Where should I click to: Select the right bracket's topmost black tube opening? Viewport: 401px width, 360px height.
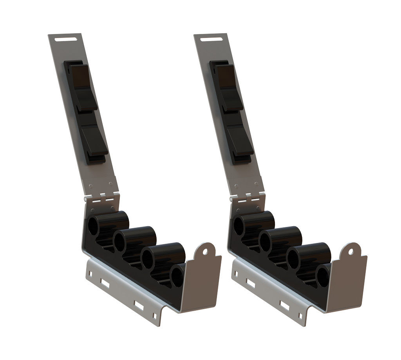click(239, 226)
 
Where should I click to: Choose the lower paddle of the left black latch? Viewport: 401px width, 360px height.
click(94, 139)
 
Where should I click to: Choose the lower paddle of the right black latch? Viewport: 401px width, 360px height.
click(240, 139)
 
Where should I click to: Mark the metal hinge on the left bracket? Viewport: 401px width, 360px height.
click(101, 196)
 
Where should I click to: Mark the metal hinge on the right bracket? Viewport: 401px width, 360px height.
click(246, 196)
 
